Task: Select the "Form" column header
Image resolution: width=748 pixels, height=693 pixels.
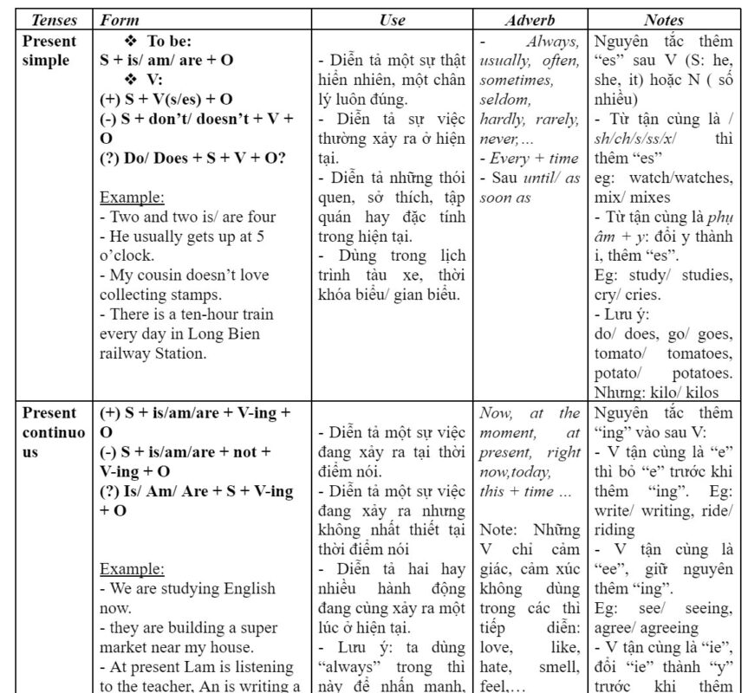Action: coord(119,20)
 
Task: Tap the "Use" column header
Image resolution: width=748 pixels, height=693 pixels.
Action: coord(392,20)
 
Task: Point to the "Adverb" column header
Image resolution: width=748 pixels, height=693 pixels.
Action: coord(530,20)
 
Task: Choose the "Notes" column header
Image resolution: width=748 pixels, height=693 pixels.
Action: coord(664,20)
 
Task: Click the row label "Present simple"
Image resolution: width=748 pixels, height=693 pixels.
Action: coord(49,50)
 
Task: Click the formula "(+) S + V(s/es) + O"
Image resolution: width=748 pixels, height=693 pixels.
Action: coord(166,99)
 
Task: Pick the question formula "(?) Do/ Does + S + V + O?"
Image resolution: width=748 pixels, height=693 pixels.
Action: coord(193,157)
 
